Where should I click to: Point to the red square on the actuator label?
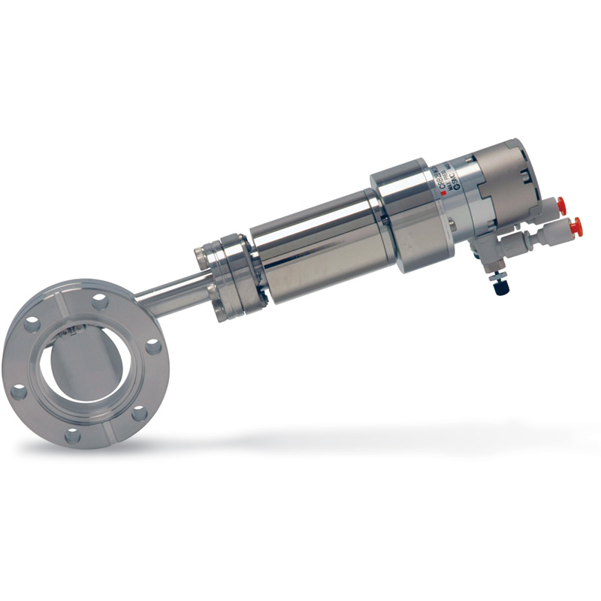point(444,194)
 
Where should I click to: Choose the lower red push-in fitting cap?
point(575,226)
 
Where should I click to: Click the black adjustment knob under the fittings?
point(499,286)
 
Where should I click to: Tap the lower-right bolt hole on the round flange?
point(140,412)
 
